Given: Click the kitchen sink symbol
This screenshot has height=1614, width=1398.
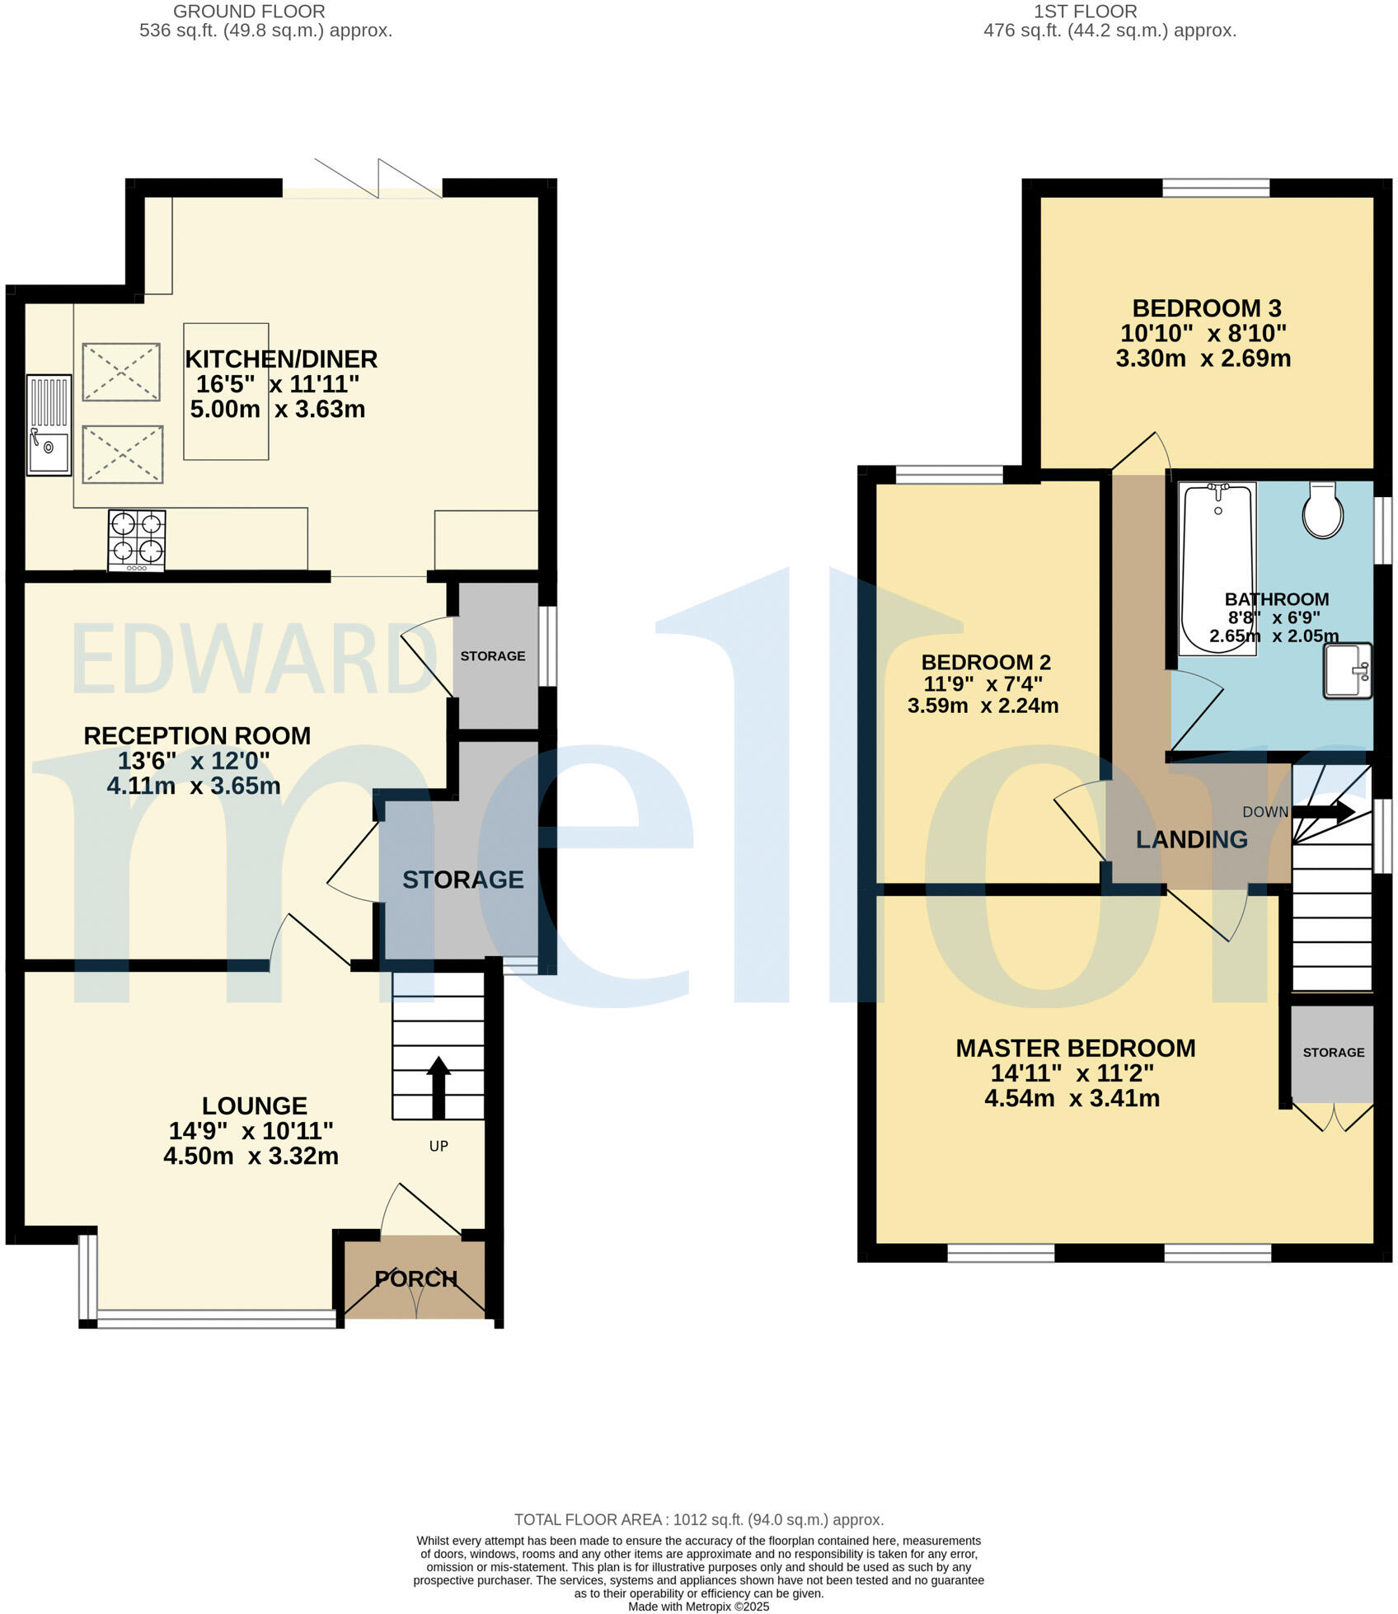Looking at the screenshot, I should point(49,425).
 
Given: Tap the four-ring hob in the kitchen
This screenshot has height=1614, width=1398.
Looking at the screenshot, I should point(137,540).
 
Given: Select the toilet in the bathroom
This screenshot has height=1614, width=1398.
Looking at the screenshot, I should point(1322,510).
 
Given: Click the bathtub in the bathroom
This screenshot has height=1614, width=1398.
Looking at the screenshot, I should point(1217,569).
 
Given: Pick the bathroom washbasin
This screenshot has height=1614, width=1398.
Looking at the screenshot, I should point(1347,670).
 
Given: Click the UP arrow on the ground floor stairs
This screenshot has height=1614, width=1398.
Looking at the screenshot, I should point(438,1086).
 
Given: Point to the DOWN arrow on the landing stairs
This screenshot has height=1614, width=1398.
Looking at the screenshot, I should point(1324,811).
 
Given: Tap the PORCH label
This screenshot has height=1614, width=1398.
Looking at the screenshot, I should point(415,1279).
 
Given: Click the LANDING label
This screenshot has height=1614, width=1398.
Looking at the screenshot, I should point(1191,839).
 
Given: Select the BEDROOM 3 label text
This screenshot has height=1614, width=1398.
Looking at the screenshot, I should point(1206,308).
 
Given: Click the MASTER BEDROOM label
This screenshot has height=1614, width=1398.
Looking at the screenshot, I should point(1075,1048).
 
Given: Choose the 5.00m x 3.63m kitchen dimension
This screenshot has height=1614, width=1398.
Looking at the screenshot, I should point(277,409).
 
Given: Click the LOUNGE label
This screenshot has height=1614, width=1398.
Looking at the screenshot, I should point(254,1105).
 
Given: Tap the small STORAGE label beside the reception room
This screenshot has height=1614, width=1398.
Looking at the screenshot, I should point(492,656).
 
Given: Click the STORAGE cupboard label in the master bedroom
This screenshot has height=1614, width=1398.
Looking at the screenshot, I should point(1333,1053).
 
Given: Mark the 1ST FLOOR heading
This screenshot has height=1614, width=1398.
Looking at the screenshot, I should point(1085,12).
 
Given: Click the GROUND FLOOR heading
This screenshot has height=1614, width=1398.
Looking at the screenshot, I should point(249,12).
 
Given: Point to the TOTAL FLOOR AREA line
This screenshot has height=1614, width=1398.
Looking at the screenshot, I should point(698,1519).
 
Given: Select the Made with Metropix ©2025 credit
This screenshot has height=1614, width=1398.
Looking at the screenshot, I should point(698,1607).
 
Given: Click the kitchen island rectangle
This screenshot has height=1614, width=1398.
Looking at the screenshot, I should point(226,392).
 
